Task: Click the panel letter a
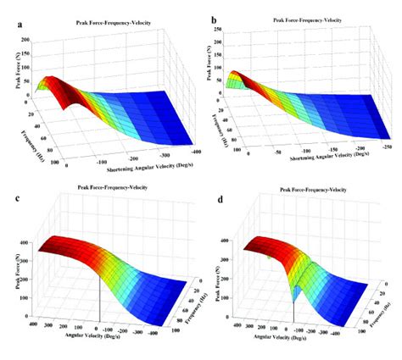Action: (x=20, y=25)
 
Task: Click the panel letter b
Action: (x=215, y=18)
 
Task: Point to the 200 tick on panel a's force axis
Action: (x=25, y=40)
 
